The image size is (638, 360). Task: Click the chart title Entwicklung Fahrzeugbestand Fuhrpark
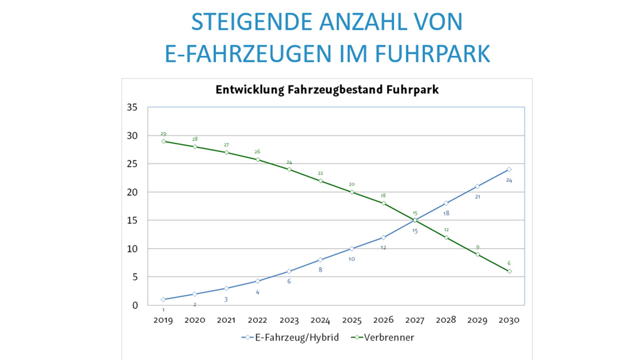coord(327,91)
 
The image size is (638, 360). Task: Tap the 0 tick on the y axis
coord(134,305)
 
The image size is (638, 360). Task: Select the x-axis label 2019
coord(163,320)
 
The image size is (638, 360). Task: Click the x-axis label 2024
coord(320,320)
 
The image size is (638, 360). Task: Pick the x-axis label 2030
coord(509,320)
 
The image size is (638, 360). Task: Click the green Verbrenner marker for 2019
coord(163,141)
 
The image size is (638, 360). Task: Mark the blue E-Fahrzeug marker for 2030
coord(509,170)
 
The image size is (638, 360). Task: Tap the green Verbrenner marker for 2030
coord(509,271)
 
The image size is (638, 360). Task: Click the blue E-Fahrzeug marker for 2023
coord(289,271)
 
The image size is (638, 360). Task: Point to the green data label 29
coord(163,134)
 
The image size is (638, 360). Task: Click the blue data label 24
coord(509,180)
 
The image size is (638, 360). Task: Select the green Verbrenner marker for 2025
coord(352,192)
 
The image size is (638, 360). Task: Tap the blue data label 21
coord(478,196)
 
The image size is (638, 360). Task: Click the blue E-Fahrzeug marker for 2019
coord(163,299)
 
